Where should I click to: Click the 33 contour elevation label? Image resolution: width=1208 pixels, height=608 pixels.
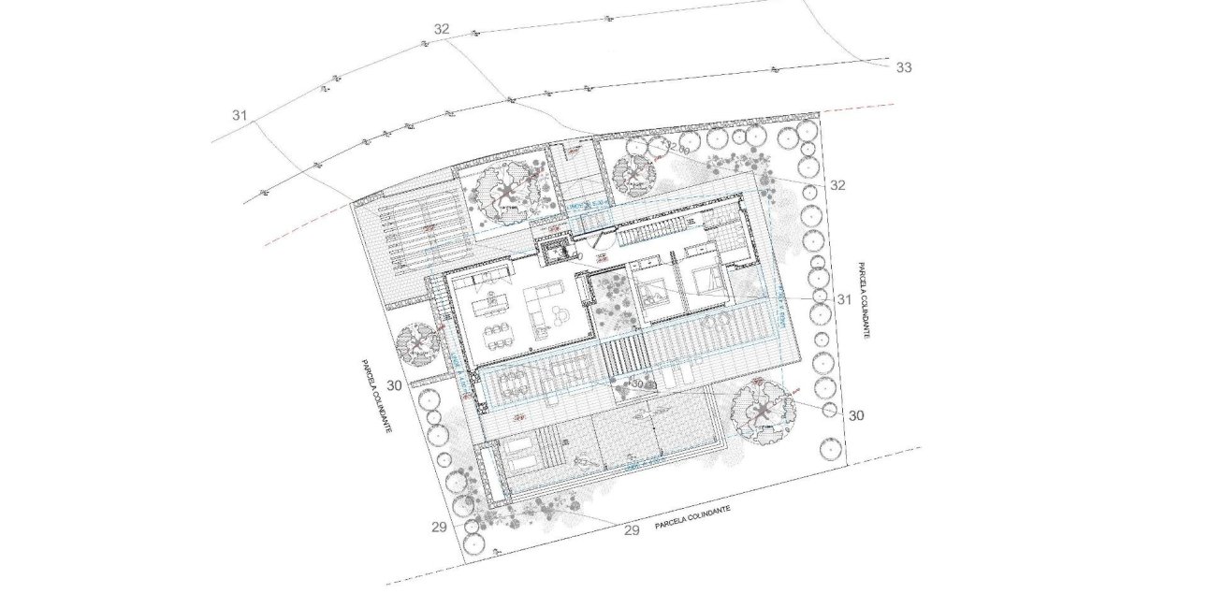[x=903, y=67]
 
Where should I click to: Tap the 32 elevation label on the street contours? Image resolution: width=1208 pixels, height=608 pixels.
[x=442, y=29]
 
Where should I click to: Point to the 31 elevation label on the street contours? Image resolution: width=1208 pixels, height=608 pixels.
[x=240, y=115]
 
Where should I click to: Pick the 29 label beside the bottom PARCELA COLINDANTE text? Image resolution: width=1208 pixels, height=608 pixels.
[x=631, y=530]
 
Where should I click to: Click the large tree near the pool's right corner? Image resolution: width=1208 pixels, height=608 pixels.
[x=760, y=413]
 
